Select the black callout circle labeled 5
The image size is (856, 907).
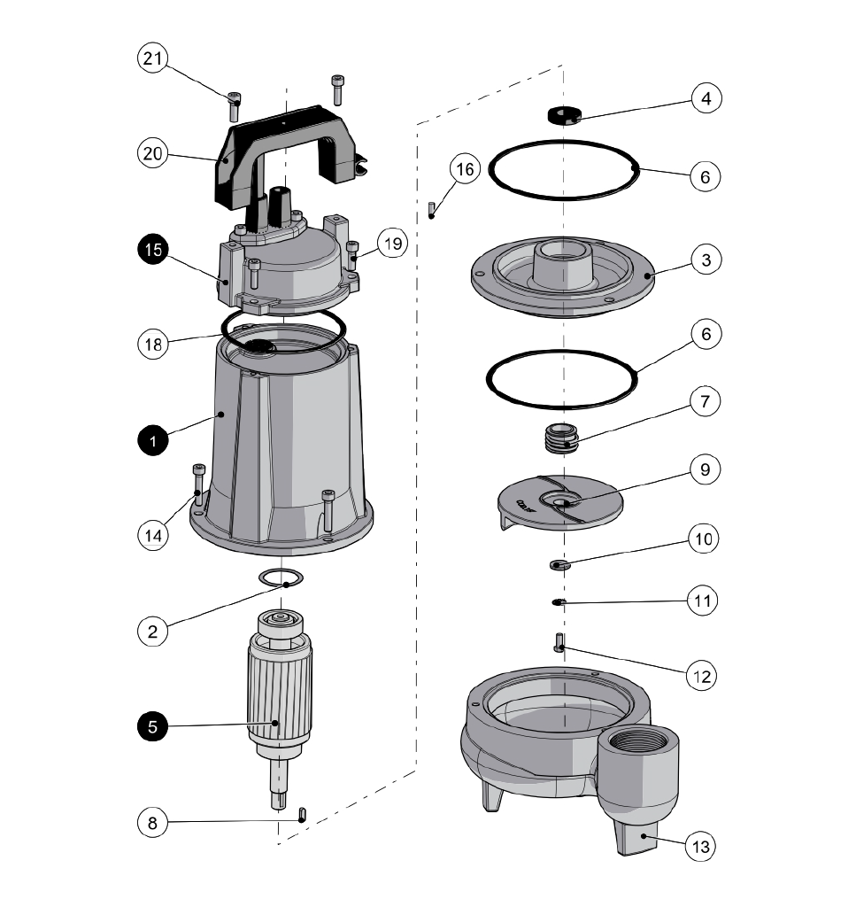(153, 726)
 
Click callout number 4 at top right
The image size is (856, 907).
(706, 98)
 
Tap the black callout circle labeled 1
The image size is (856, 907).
(153, 440)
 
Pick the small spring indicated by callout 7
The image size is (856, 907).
(554, 438)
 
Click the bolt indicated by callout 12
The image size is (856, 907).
(559, 641)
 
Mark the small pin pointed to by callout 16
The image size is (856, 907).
(431, 210)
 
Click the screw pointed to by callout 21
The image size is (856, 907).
(235, 106)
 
